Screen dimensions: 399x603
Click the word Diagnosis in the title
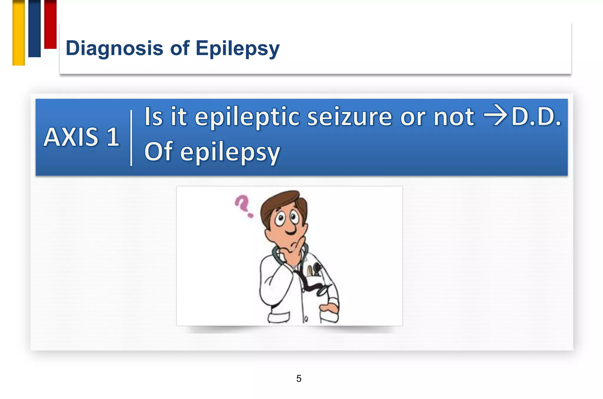click(114, 48)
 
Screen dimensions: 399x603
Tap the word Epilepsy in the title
click(237, 49)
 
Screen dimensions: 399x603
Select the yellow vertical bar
click(19, 33)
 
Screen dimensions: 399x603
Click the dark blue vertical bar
click(34, 29)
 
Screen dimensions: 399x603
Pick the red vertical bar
click(50, 24)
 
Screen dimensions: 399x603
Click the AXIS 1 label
click(82, 137)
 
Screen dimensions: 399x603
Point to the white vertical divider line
click(131, 138)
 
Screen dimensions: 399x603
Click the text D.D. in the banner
click(536, 117)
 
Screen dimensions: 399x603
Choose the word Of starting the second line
click(158, 151)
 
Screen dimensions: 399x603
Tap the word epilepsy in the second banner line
click(230, 153)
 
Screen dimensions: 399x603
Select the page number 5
click(299, 378)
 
